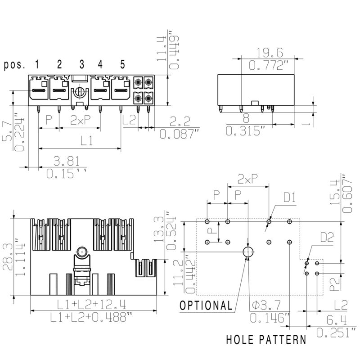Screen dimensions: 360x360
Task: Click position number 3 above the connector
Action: (82, 64)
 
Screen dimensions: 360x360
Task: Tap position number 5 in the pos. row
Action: (122, 64)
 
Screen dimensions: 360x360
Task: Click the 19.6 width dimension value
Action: (270, 53)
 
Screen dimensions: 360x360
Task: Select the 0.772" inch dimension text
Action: (268, 65)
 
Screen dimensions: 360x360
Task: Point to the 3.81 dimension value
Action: (67, 161)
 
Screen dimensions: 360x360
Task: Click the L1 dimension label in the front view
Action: (86, 140)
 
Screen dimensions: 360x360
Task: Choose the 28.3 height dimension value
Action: (7, 257)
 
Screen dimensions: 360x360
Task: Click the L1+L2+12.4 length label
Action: (91, 305)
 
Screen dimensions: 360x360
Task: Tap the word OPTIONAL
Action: (206, 306)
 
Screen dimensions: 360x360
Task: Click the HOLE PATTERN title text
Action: (266, 340)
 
